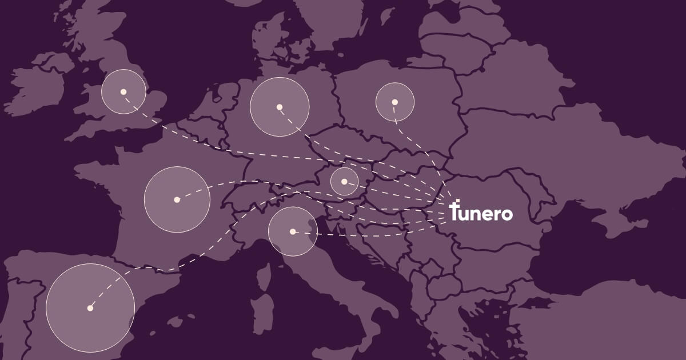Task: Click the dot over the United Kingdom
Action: click(123, 91)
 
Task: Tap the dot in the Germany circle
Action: click(280, 107)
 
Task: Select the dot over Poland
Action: click(394, 102)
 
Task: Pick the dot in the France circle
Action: click(177, 199)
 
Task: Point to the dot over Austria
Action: click(344, 182)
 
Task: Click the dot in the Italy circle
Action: click(293, 231)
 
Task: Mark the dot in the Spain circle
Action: click(90, 308)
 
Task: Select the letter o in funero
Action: click(506, 214)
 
